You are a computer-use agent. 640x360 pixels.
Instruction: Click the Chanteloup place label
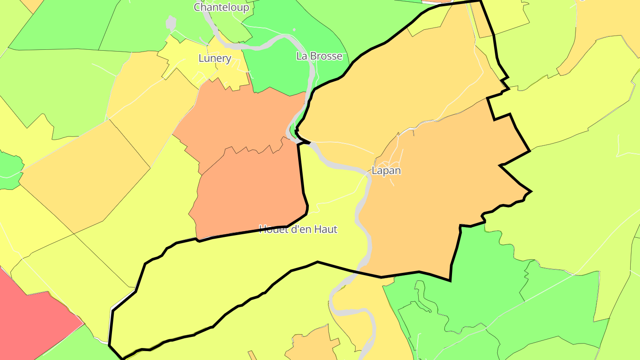pos(221,7)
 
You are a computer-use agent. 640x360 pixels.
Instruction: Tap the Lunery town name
pos(215,58)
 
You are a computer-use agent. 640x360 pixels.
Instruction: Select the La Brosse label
pos(319,56)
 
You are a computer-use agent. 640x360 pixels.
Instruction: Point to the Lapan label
pos(386,171)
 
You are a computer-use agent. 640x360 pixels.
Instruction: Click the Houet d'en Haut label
pos(298,229)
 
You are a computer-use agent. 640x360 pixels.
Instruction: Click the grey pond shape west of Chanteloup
pos(171,23)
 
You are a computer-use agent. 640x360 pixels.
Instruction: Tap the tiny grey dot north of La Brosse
pos(294,30)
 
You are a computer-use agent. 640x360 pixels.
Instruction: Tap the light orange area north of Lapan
pos(400,80)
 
